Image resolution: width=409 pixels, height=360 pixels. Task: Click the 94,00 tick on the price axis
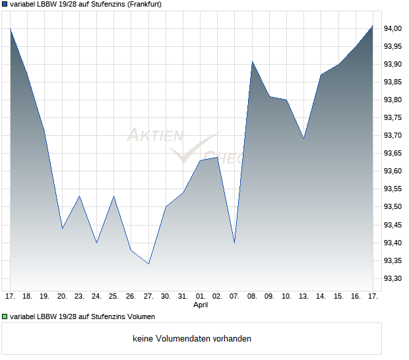point(393,28)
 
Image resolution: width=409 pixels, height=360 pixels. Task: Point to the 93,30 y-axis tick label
point(393,278)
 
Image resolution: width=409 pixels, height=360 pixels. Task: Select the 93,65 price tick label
point(393,153)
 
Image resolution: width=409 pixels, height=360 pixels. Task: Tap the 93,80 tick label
point(393,100)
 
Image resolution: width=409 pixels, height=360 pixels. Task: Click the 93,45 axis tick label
point(393,225)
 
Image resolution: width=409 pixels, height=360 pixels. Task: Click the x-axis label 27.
point(148,296)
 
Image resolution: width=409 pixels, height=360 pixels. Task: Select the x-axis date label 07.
point(235,296)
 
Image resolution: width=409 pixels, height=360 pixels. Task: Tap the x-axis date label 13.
point(303,296)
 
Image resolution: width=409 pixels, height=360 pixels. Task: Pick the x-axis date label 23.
point(79,296)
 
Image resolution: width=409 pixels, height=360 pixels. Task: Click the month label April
point(201,305)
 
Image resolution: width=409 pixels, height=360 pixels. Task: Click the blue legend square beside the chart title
point(5,4)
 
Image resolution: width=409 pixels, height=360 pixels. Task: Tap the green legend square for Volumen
point(5,316)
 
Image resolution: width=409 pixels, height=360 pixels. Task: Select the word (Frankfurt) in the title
point(141,4)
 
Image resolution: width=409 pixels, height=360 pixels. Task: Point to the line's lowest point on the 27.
point(148,264)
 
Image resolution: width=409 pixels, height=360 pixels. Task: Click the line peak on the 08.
point(252,61)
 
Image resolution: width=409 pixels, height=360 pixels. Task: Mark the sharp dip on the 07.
point(235,243)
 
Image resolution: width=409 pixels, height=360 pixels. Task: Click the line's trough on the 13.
point(303,138)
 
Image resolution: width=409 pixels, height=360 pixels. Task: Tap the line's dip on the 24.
point(96,243)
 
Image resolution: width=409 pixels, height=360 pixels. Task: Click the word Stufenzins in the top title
point(98,4)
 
